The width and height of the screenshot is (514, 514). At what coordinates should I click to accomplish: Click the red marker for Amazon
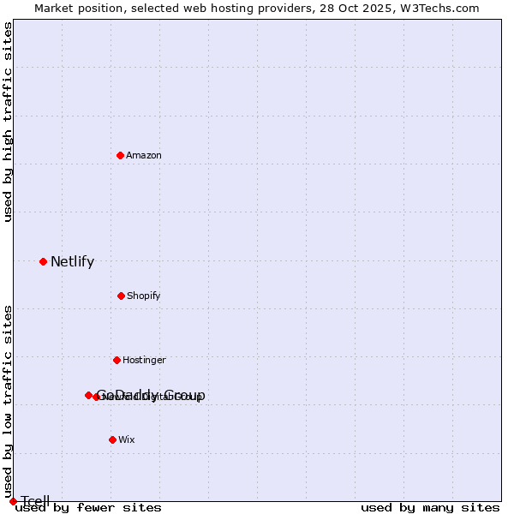point(120,155)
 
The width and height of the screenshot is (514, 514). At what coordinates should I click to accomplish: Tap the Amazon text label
point(143,155)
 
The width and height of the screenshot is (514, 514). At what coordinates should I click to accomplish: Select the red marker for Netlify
point(43,261)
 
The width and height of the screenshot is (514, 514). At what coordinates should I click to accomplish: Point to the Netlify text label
point(72,262)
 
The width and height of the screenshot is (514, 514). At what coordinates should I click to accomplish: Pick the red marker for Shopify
point(121,296)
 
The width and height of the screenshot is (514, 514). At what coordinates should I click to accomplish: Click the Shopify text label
point(143,296)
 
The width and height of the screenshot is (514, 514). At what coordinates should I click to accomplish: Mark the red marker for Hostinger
point(117,360)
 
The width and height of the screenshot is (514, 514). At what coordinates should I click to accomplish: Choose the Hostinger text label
point(144,360)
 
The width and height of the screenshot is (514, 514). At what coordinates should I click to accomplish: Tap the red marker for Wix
point(112,439)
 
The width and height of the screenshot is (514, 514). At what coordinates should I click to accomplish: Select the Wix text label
point(126,439)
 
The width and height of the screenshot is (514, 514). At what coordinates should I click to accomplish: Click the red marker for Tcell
point(13,501)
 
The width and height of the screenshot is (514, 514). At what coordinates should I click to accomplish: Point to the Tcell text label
point(35,501)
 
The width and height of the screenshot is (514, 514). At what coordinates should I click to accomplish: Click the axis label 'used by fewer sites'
point(88,507)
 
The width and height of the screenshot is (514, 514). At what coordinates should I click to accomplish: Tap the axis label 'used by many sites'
point(430,507)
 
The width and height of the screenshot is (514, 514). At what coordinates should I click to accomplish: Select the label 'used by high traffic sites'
point(9,122)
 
